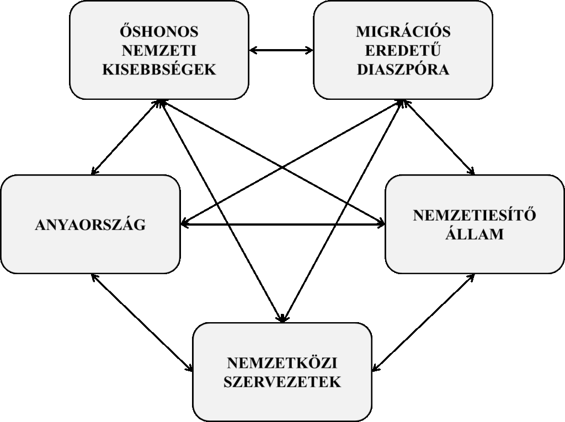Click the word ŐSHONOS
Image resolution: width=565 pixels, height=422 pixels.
pyautogui.click(x=159, y=31)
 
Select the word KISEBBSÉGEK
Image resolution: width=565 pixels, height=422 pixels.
pyautogui.click(x=159, y=69)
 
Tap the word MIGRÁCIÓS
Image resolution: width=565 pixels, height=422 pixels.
pyautogui.click(x=403, y=31)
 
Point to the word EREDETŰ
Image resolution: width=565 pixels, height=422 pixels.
pyautogui.click(x=403, y=50)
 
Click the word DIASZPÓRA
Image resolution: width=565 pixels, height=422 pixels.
pyautogui.click(x=403, y=69)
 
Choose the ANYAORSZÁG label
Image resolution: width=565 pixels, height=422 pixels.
pyautogui.click(x=90, y=224)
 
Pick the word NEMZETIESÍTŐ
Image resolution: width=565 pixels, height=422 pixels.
pyautogui.click(x=475, y=215)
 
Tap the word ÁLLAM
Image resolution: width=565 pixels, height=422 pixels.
pyautogui.click(x=475, y=233)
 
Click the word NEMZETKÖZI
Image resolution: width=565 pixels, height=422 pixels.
pyautogui.click(x=282, y=362)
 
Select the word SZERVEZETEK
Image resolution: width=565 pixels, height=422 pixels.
pyautogui.click(x=282, y=382)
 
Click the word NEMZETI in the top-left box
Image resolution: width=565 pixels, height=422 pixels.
pyautogui.click(x=159, y=50)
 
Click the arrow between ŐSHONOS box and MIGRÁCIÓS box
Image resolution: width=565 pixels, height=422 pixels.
pyautogui.click(x=281, y=50)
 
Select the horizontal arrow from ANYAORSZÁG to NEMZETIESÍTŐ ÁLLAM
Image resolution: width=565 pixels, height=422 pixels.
pyautogui.click(x=282, y=224)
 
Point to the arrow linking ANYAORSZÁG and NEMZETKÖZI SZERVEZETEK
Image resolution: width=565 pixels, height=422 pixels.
pyautogui.click(x=142, y=322)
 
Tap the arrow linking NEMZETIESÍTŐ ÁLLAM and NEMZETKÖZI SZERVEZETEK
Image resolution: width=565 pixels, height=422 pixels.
pyautogui.click(x=423, y=322)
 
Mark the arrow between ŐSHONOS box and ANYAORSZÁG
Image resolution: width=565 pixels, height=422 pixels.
pyautogui.click(x=125, y=137)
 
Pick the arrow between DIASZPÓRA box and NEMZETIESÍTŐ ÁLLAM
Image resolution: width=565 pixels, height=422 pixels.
pyautogui.click(x=439, y=137)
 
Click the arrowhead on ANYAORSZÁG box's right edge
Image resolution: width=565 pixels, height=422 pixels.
pyautogui.click(x=184, y=224)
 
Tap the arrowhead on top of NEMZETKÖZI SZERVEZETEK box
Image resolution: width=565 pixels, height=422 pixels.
pyautogui.click(x=282, y=318)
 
